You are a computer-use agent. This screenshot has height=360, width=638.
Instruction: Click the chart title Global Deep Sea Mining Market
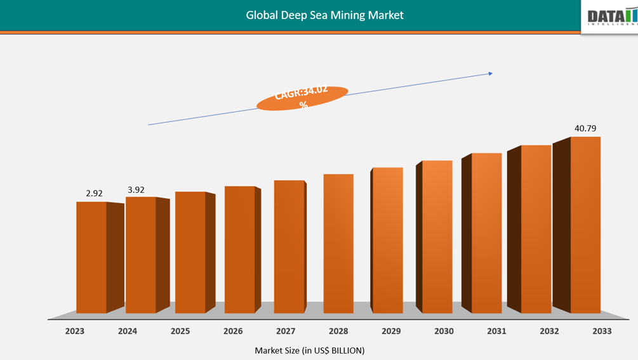click(x=324, y=15)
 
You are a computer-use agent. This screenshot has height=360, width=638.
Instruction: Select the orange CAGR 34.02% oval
click(x=302, y=98)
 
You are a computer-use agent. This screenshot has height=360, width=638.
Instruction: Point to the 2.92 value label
click(x=94, y=193)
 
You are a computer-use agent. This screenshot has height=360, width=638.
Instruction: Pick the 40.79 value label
click(x=585, y=128)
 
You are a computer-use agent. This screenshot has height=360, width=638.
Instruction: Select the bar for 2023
click(x=91, y=257)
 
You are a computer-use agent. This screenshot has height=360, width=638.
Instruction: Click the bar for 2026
click(x=240, y=249)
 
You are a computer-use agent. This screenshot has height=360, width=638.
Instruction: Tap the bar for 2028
click(x=338, y=243)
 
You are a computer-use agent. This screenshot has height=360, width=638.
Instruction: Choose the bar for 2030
click(x=437, y=236)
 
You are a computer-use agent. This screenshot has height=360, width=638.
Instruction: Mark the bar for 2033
click(x=585, y=225)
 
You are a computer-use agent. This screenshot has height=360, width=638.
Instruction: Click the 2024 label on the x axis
click(x=127, y=331)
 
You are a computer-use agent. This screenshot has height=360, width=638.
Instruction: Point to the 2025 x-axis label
click(x=180, y=331)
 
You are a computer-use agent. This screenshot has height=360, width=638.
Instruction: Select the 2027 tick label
click(x=285, y=331)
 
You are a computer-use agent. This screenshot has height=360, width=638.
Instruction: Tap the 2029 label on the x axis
click(x=390, y=331)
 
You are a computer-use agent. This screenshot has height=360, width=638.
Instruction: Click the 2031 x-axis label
click(x=496, y=331)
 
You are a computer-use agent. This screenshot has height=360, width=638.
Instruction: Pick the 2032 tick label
click(x=548, y=331)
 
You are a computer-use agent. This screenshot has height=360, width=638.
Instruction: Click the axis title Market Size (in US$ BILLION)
click(x=310, y=350)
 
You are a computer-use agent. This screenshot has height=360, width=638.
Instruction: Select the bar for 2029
click(x=387, y=240)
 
